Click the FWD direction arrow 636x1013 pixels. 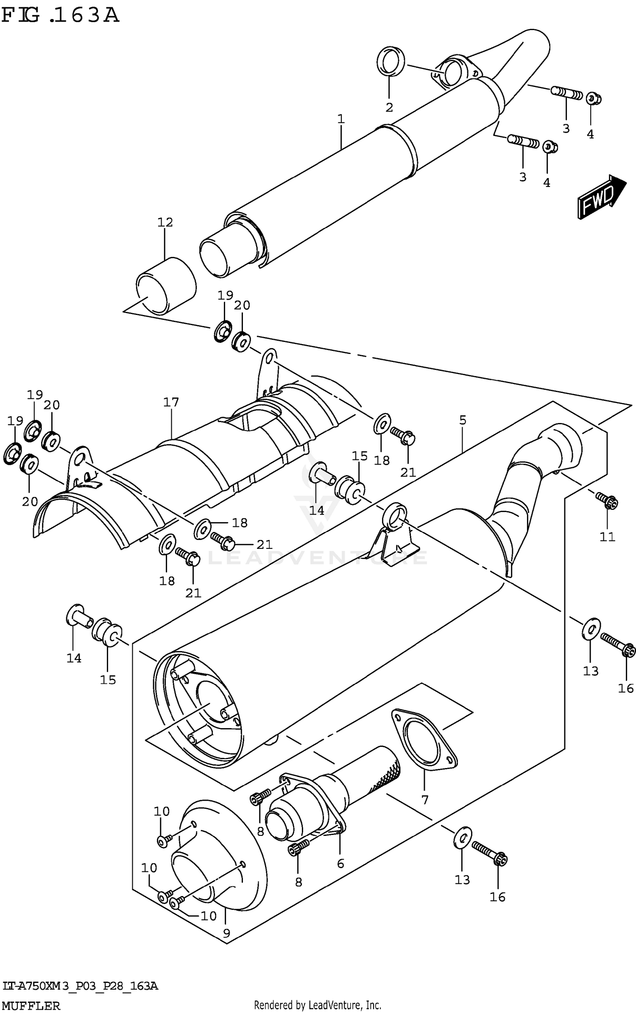(601, 197)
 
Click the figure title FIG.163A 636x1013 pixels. (60, 16)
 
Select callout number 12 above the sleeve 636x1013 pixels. (165, 222)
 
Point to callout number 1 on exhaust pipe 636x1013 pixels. (341, 119)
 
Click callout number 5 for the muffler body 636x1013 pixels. (463, 420)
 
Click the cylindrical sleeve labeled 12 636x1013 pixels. (166, 286)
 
